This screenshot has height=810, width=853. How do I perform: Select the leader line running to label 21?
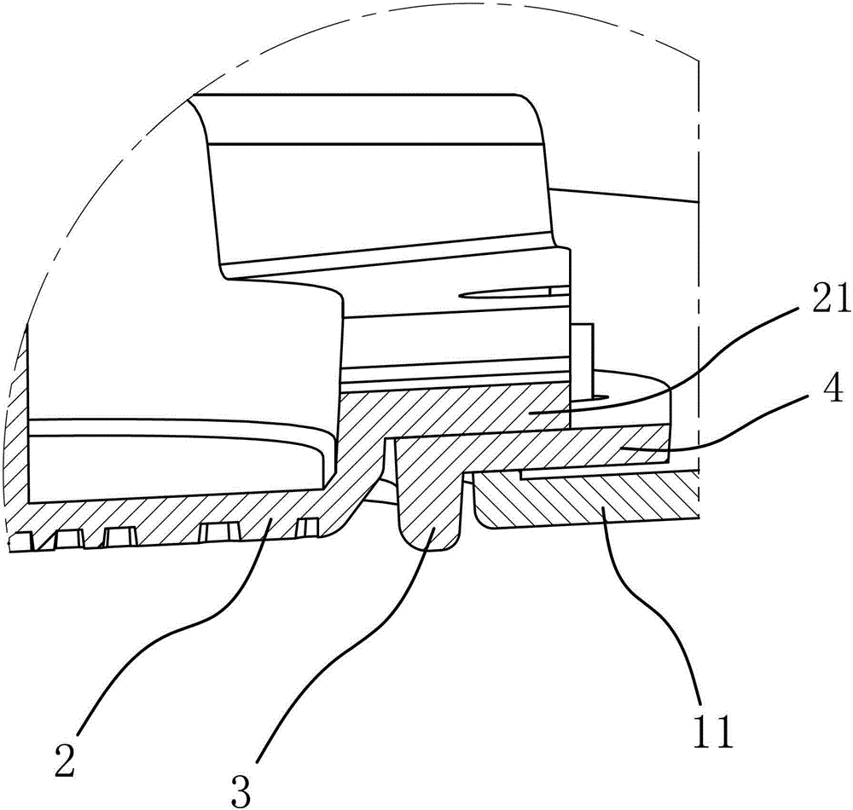(699, 358)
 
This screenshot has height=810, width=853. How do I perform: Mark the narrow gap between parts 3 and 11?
(469, 503)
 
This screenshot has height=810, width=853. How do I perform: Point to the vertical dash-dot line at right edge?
(699, 256)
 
